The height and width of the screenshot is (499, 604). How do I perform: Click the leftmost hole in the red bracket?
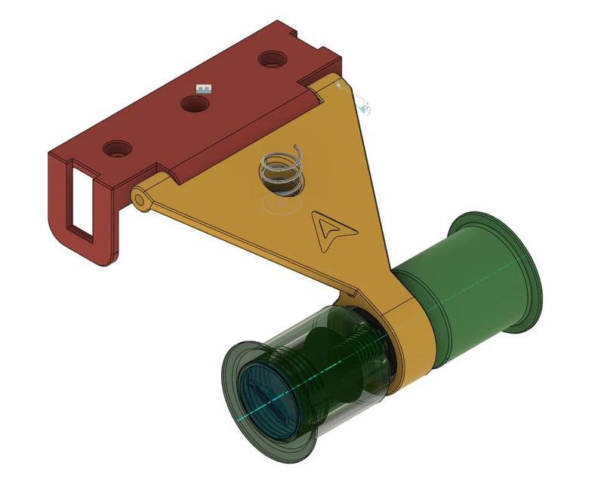pyautogui.click(x=116, y=148)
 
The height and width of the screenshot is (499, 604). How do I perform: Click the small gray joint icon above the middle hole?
pyautogui.click(x=202, y=88)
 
